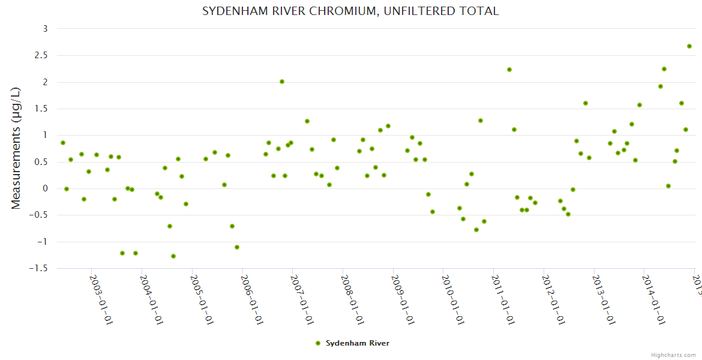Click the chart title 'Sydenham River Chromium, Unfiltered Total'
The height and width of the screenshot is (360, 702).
pos(350,11)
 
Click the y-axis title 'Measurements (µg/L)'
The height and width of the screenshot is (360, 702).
pos(16,148)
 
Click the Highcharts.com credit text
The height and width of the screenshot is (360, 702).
pos(674,355)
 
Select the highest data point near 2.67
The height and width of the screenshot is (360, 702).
pos(689,46)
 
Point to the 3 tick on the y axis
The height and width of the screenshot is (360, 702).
pos(45,29)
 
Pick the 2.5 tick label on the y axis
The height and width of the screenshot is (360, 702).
pos(41,55)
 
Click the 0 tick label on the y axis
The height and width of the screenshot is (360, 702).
pos(45,189)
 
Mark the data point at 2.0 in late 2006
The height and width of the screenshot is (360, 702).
pos(282,82)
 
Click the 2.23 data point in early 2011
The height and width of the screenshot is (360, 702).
pos(509,70)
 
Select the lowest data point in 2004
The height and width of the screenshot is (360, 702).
pos(173,256)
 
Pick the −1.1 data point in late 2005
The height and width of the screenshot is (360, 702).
pos(237,247)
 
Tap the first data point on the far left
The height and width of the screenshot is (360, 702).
pos(63,143)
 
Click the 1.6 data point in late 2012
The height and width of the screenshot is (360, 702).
pos(586,103)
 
